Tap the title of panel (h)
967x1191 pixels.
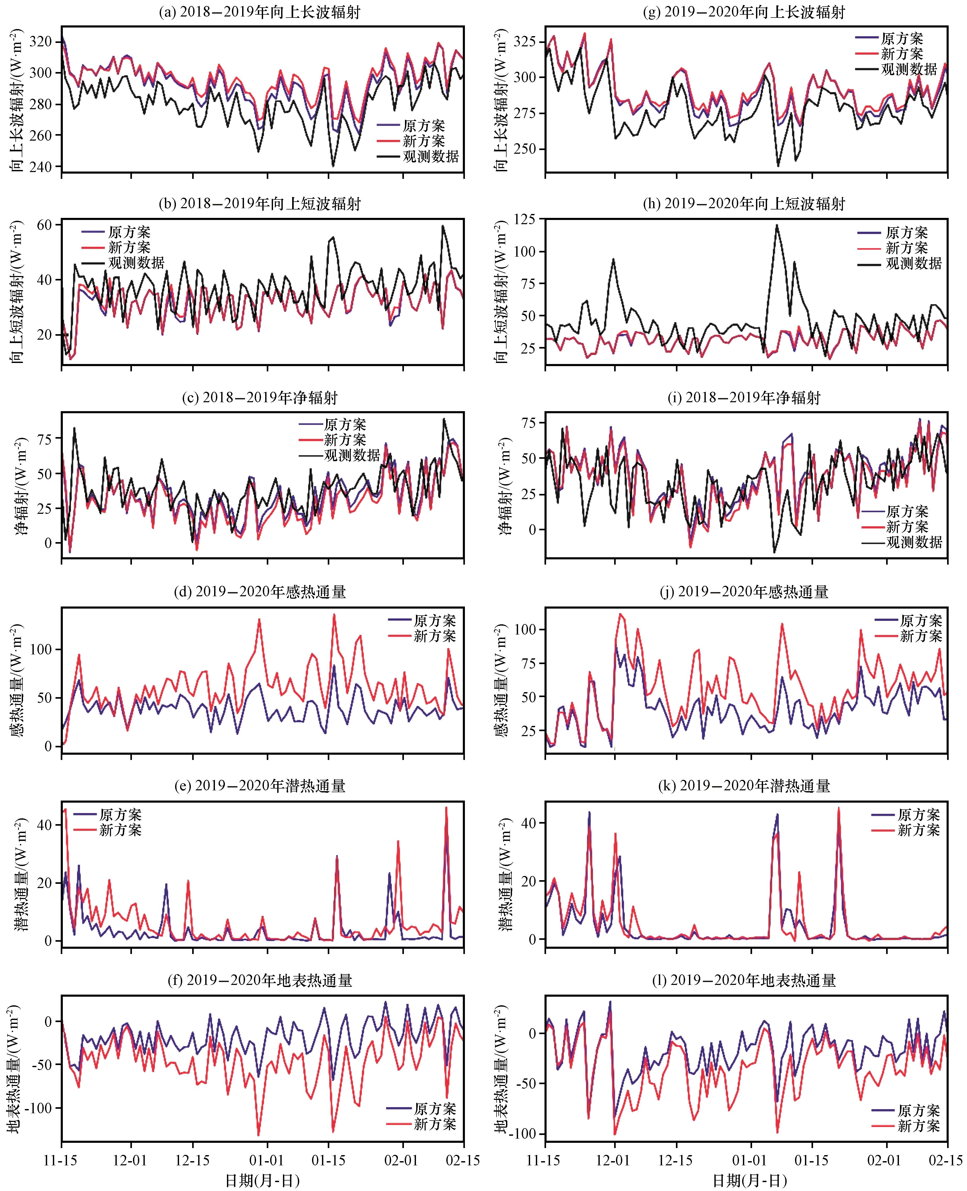coord(744,204)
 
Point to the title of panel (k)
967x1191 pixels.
coord(755,786)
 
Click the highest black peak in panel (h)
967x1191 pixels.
coord(776,225)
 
